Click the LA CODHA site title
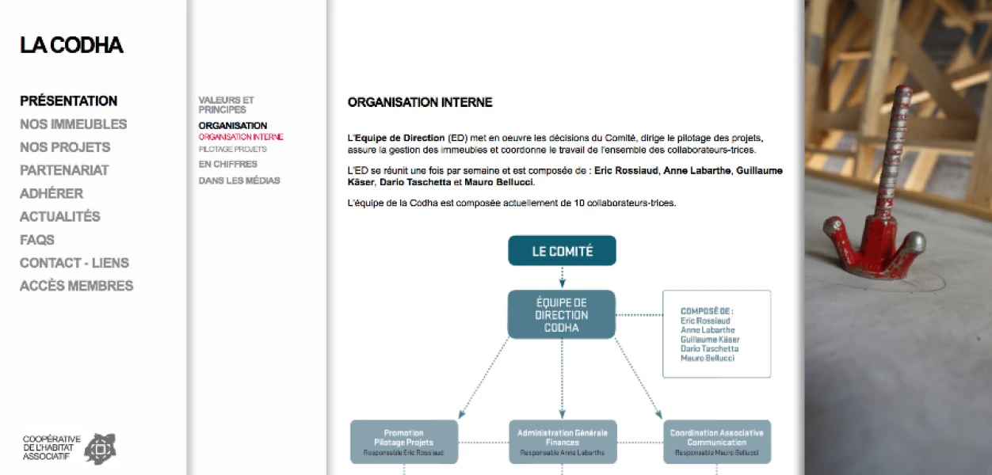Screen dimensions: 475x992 [x=71, y=46]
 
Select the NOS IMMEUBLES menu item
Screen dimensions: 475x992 [x=73, y=124]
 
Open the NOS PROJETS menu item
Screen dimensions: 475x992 [x=65, y=147]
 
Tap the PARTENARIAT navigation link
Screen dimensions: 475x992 [x=64, y=170]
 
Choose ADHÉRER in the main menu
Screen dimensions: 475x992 [x=52, y=193]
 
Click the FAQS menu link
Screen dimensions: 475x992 [x=37, y=240]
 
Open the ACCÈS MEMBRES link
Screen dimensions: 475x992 [x=76, y=286]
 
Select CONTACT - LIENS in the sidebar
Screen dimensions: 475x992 [x=74, y=263]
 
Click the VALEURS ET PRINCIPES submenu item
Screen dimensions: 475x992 [x=226, y=104]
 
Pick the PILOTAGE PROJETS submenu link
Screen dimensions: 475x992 [x=233, y=149]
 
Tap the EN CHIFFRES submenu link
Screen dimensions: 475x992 [x=228, y=165]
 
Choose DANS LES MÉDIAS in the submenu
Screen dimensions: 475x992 [x=239, y=180]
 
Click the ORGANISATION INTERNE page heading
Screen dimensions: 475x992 [x=420, y=102]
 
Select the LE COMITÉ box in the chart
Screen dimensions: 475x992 [x=562, y=251]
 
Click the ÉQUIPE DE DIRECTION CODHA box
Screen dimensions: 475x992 [x=562, y=314]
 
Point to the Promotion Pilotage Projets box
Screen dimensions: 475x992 [x=404, y=442]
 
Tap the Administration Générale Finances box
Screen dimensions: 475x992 [x=563, y=442]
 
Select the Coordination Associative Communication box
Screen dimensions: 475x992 [x=716, y=442]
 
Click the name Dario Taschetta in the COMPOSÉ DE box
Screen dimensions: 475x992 [x=709, y=348]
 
